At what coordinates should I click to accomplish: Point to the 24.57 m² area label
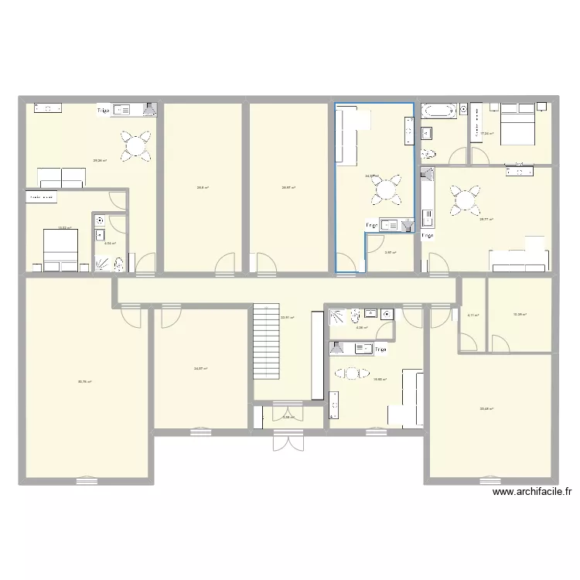[200, 369]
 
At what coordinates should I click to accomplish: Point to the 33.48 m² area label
[486, 409]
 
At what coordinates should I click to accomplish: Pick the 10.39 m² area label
[520, 315]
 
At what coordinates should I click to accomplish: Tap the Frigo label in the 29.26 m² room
[103, 111]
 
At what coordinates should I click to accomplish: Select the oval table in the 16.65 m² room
[352, 374]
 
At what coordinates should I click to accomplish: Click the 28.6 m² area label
[203, 187]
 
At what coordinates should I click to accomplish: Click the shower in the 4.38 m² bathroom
[339, 316]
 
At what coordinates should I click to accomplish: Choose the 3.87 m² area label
[391, 252]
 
